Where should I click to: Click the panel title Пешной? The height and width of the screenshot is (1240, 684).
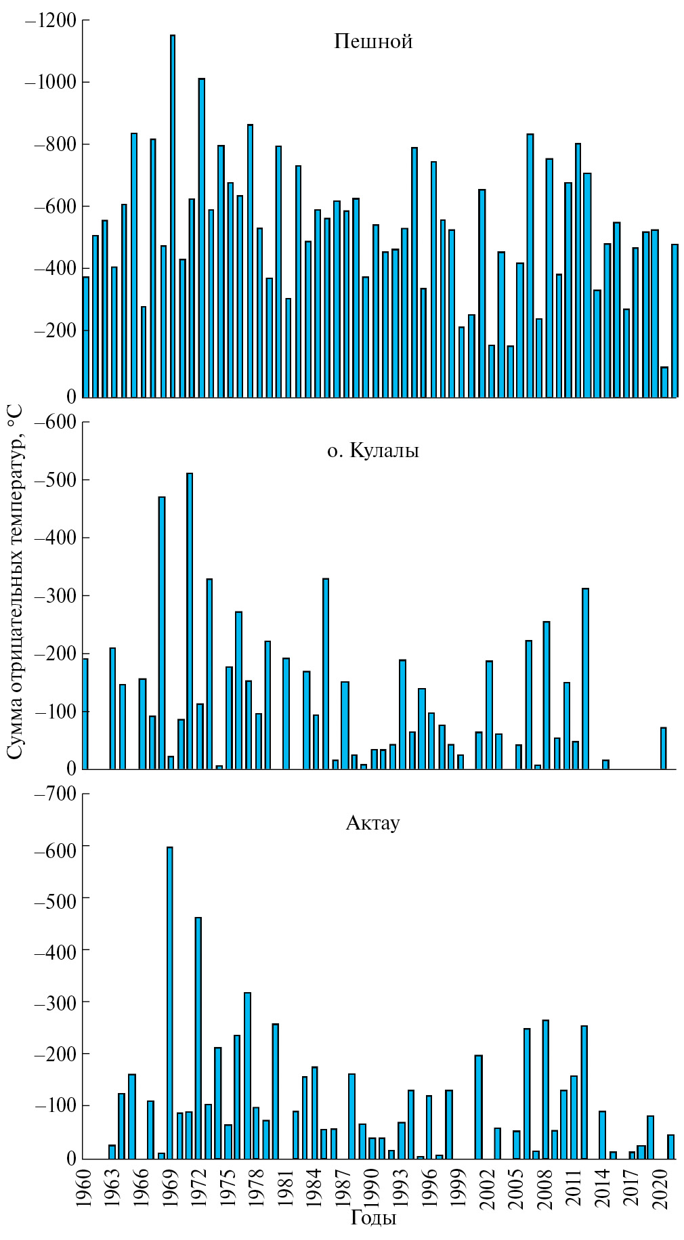tap(373, 42)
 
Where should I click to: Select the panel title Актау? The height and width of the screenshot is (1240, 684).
tap(372, 823)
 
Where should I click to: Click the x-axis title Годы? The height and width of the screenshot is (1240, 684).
tap(373, 1218)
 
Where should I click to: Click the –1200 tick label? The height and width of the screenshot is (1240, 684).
tap(51, 20)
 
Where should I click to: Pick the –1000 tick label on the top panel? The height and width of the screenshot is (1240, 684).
tap(51, 83)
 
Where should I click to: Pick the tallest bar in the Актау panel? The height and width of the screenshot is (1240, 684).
tap(170, 1002)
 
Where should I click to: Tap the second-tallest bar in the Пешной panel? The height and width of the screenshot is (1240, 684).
tap(202, 237)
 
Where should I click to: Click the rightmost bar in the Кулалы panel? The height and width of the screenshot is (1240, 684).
tap(664, 748)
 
